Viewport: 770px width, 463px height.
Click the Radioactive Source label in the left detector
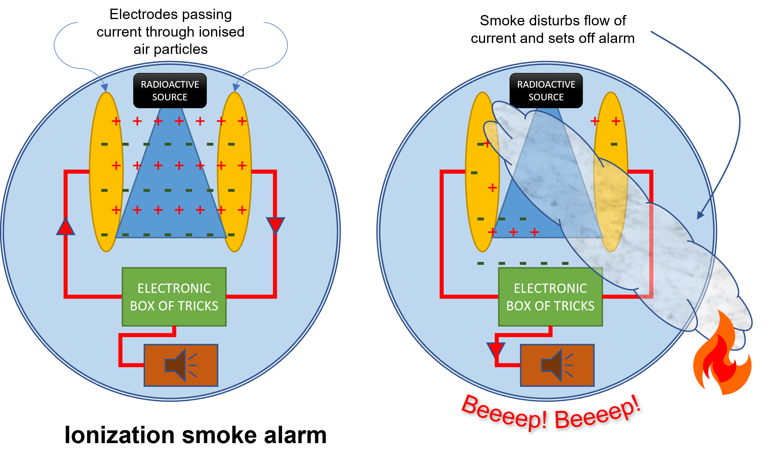(x=170, y=91)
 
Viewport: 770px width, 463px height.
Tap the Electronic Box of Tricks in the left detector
(x=174, y=297)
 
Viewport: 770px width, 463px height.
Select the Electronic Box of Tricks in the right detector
(x=550, y=297)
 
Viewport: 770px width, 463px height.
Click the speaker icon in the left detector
(x=181, y=365)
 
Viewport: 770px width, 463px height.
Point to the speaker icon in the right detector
(x=557, y=365)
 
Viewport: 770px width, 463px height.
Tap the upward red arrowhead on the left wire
(x=65, y=227)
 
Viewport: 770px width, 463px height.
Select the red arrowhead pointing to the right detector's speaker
(x=495, y=349)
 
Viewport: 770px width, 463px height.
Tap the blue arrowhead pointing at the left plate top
(x=104, y=87)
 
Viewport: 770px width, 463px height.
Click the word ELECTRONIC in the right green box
(x=550, y=288)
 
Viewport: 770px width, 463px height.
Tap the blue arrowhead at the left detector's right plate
(x=236, y=87)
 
